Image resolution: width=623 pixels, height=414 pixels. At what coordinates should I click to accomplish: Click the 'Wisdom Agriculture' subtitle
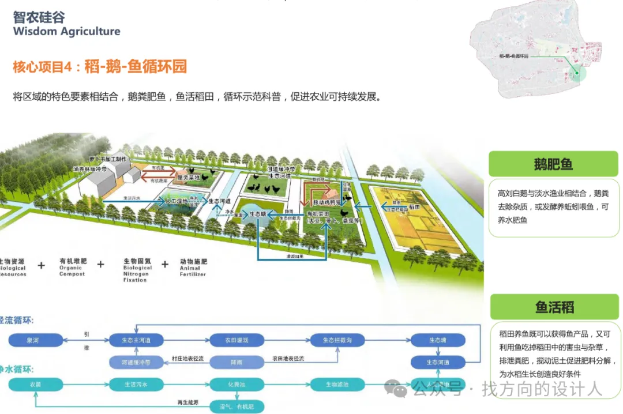[67, 31]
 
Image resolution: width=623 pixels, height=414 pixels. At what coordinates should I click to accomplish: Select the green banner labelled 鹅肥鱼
[553, 164]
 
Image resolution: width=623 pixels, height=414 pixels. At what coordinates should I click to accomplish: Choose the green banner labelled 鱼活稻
[554, 307]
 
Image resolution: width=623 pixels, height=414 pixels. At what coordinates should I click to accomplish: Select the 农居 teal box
[35, 384]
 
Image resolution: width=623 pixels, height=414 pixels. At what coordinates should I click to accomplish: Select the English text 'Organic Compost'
[72, 271]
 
